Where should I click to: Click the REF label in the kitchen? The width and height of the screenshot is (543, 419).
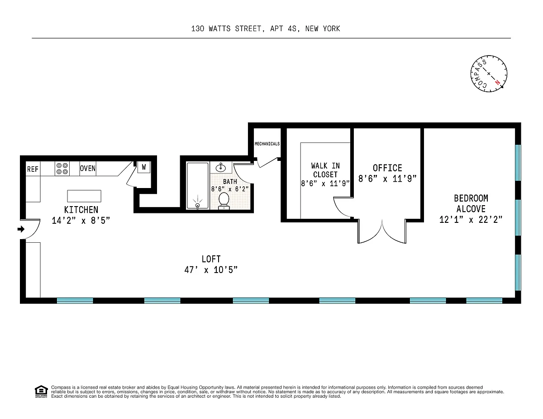tap(33, 169)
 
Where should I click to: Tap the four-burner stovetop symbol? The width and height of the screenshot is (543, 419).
tap(62, 169)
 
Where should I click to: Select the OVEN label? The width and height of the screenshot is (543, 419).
tap(88, 169)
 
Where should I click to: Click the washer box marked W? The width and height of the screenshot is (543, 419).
tap(144, 167)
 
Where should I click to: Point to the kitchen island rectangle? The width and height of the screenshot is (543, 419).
tap(84, 196)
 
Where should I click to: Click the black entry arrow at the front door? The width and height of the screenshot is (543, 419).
tap(21, 229)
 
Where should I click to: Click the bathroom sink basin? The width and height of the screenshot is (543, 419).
tap(221, 167)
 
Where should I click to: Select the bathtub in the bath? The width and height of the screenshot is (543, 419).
tap(198, 186)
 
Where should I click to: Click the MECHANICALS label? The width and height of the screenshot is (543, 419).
tap(267, 144)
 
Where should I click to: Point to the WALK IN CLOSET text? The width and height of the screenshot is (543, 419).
tap(325, 170)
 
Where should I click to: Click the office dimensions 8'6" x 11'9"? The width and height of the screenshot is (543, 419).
tap(388, 179)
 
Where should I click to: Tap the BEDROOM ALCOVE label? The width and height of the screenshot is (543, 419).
tap(471, 203)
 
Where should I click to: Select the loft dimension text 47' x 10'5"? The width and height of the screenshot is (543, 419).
tap(211, 270)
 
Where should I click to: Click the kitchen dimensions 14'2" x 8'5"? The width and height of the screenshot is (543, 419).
tap(81, 221)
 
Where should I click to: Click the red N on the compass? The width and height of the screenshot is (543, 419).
tap(497, 82)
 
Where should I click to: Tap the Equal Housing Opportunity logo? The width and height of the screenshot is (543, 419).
tap(41, 391)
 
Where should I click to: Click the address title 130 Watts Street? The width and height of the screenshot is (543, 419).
tap(266, 28)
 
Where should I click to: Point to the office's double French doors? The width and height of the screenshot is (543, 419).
tap(382, 231)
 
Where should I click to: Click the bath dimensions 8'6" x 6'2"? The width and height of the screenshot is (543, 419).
tap(230, 189)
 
